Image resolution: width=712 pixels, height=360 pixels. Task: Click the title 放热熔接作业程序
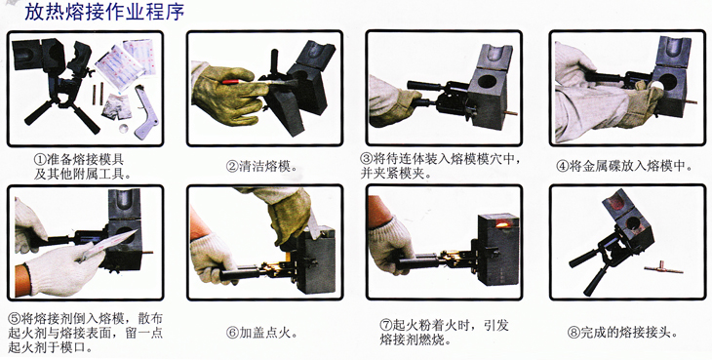[104, 12]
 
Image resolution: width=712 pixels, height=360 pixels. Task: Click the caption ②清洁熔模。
[262, 167]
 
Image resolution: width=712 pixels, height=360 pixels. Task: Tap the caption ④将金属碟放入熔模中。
[625, 167]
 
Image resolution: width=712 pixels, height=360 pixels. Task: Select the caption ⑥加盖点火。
[262, 334]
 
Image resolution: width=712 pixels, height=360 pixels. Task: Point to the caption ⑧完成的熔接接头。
[622, 333]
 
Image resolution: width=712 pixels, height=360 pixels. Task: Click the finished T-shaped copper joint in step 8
[663, 268]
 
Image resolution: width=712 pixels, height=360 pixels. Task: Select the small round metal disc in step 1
[124, 129]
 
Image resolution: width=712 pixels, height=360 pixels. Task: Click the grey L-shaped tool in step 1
[147, 113]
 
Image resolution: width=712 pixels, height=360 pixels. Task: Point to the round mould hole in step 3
[487, 82]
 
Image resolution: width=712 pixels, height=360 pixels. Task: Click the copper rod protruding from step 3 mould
[512, 113]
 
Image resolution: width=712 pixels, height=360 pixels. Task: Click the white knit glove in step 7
[390, 244]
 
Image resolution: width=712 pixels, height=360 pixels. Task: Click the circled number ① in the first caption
[40, 159]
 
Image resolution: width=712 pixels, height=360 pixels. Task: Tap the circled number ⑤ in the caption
[15, 318]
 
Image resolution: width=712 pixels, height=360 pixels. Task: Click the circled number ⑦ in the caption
[385, 325]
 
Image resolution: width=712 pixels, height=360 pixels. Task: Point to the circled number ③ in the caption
[366, 159]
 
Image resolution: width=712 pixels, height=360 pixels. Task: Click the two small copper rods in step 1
[99, 93]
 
